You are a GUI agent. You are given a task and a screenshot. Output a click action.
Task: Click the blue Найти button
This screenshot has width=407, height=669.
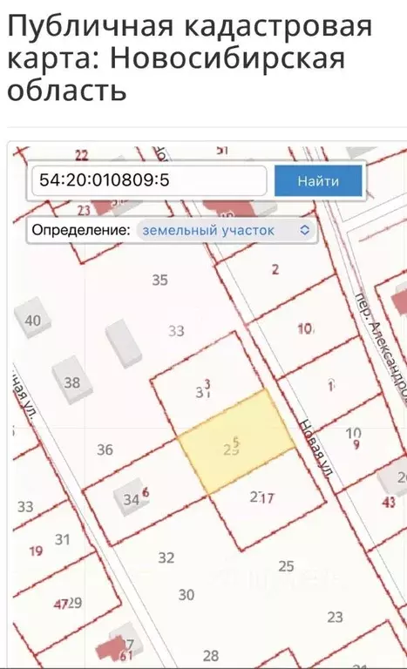(317, 181)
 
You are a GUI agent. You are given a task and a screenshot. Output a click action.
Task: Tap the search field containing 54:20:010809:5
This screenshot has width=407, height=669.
(148, 181)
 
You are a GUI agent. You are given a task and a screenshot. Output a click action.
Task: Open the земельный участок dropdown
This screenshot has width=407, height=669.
(225, 230)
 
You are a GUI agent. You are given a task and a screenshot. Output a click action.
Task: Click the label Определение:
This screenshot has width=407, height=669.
(81, 230)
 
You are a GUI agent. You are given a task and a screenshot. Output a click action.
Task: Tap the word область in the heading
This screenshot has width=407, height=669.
(66, 91)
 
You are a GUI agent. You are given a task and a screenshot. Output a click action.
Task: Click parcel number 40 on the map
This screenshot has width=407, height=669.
(32, 321)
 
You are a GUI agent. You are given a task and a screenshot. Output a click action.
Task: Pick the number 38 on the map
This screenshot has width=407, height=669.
(71, 382)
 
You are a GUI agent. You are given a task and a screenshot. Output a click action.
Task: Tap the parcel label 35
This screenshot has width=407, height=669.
(159, 280)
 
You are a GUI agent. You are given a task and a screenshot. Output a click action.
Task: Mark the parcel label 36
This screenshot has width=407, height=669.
(105, 449)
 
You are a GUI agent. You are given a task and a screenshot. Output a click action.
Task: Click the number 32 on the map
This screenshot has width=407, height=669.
(166, 557)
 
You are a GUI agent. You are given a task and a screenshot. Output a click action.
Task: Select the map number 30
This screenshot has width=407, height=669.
(187, 595)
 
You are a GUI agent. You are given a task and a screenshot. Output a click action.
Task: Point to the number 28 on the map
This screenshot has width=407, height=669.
(211, 655)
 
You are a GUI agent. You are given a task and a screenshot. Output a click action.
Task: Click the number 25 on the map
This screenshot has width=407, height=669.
(286, 565)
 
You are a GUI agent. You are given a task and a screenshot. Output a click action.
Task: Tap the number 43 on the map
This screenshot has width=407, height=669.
(389, 502)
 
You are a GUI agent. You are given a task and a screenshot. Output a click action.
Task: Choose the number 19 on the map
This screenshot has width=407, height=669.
(36, 551)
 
